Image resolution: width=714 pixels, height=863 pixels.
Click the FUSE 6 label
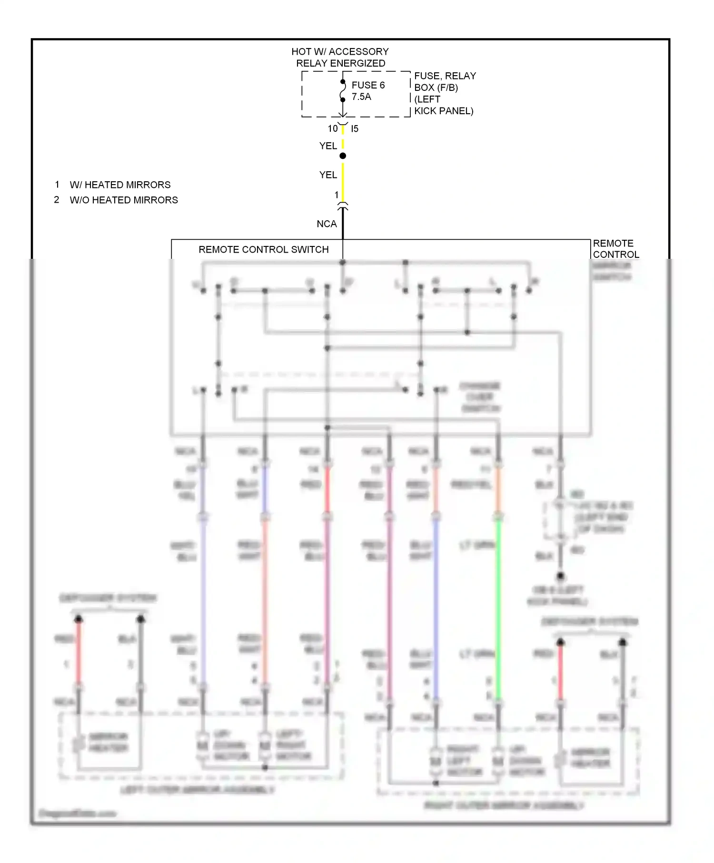367,85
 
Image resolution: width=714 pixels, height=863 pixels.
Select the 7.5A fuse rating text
361,97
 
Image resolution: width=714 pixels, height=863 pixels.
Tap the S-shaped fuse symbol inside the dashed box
343,90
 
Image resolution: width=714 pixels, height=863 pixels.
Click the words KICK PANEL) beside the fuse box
444,111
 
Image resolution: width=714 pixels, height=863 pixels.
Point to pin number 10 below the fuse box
332,128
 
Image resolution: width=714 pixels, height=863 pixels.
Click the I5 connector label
355,128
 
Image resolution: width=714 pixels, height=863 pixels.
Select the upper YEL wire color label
328,146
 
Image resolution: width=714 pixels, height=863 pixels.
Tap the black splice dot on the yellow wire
343,156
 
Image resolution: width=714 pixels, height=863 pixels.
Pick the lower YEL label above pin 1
328,175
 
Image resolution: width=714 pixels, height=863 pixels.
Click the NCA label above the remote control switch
327,224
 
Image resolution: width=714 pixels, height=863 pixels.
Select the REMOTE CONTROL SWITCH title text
263,250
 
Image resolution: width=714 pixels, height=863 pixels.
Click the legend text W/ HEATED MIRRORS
120,185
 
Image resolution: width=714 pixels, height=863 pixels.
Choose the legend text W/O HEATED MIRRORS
124,200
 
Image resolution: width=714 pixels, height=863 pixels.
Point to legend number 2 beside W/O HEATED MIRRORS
57,200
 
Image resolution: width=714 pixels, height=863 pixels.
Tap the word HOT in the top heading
301,51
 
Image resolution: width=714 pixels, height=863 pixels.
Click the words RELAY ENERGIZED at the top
340,63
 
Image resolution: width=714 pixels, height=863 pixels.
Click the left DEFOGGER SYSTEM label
108,598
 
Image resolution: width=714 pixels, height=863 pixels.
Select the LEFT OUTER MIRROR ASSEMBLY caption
198,790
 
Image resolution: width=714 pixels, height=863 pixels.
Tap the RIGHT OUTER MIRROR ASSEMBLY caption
504,805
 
